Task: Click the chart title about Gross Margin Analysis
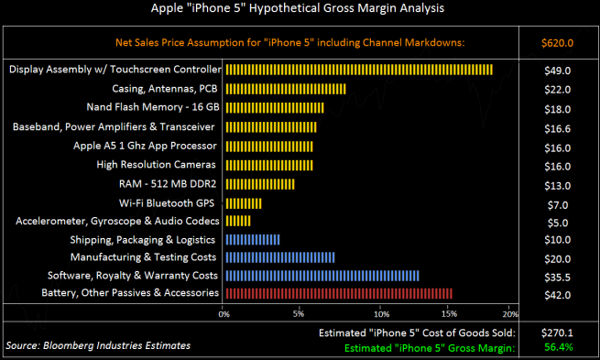[x=300, y=10]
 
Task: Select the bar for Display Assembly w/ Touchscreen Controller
[x=358, y=70]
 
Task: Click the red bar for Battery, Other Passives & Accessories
[x=338, y=293]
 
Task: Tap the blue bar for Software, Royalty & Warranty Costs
[x=322, y=275]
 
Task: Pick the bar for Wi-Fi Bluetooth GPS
[x=243, y=202]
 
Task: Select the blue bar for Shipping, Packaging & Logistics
[x=252, y=239]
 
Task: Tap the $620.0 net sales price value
[x=558, y=42]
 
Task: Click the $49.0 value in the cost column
[x=558, y=71]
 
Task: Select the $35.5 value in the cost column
[x=558, y=276]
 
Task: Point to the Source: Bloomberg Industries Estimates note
[x=98, y=345]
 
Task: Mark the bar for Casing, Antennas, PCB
[x=285, y=89]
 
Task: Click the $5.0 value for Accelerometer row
[x=558, y=221]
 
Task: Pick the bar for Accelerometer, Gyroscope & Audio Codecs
[x=237, y=221]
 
